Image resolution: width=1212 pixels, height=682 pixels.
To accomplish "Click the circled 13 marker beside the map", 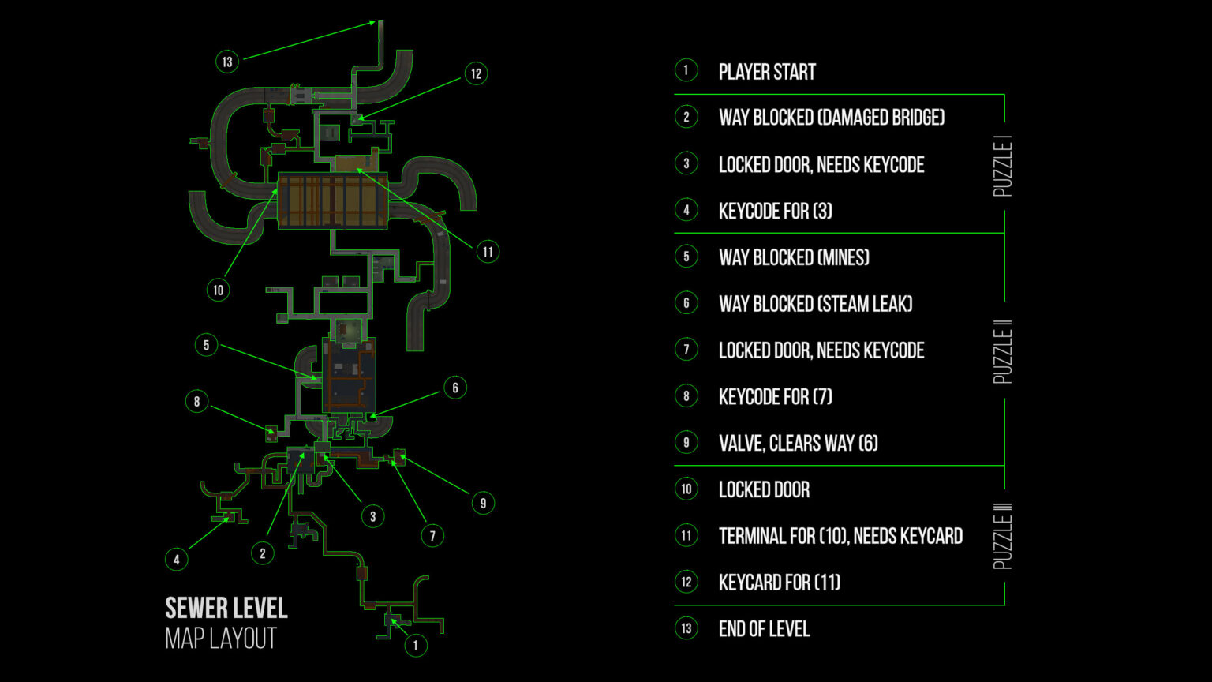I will pos(227,62).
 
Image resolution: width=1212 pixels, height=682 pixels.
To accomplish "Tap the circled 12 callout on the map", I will pos(476,74).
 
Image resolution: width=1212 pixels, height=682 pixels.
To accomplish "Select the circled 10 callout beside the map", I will pos(219,290).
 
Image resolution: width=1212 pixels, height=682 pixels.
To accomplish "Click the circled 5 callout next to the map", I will pos(206,345).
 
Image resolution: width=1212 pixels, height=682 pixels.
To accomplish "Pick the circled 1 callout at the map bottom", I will pos(416,645).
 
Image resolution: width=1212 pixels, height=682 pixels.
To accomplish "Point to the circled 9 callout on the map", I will pos(483,503).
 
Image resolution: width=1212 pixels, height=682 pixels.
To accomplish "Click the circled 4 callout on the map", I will pos(177,560).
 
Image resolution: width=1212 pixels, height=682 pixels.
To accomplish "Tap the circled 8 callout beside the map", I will pos(197,401).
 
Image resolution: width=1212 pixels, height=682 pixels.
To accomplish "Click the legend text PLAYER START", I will pos(767,72).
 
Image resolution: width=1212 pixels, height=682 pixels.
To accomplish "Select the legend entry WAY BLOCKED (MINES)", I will pos(794,257).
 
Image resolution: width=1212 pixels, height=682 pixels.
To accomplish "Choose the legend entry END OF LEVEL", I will pos(764,629).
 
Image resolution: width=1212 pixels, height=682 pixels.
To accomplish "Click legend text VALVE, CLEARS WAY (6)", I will pos(798,443).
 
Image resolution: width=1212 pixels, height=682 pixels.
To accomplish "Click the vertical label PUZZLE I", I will pos(1003,166).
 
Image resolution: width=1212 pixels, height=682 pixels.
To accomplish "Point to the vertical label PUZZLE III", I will pos(1003,536).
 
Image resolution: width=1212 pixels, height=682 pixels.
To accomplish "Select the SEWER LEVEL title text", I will pos(226,608).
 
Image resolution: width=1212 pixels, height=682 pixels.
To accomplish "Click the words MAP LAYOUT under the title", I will pos(221,639).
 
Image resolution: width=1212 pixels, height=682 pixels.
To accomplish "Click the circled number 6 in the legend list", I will pos(686,304).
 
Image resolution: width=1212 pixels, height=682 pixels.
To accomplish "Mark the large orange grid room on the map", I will pos(332,201).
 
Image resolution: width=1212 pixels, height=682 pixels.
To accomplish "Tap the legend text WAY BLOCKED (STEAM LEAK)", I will pos(815,304).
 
